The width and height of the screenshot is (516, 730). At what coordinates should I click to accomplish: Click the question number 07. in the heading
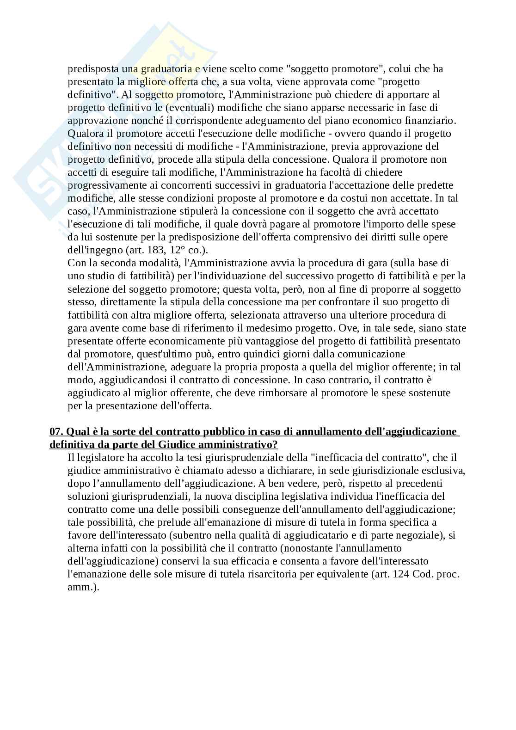click(x=57, y=432)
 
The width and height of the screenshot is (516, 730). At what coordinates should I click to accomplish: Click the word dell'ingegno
click(x=93, y=250)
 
